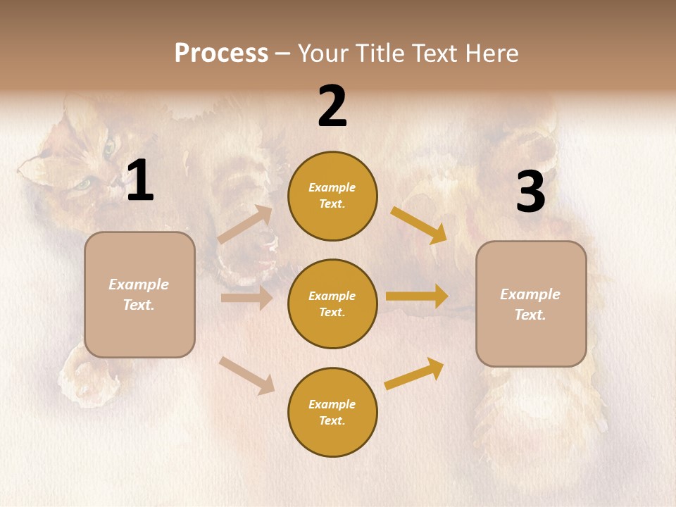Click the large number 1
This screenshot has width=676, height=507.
(140, 181)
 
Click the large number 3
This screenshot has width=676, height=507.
(530, 192)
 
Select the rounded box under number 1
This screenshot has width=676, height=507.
(139, 294)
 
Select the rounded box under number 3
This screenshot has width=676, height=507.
(531, 303)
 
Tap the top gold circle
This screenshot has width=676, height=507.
(332, 196)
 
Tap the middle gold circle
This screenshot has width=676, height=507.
(332, 303)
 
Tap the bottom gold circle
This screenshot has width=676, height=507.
(332, 412)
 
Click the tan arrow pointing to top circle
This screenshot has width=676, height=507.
(246, 225)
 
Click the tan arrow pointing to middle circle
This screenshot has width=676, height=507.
(246, 298)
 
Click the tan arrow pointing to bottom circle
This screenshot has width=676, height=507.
(247, 375)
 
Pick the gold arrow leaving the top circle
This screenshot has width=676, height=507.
(419, 225)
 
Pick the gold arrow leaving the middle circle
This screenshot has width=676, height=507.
(417, 296)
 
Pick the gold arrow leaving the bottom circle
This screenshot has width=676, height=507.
(415, 374)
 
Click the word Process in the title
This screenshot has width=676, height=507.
(221, 53)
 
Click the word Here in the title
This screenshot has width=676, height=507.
(491, 53)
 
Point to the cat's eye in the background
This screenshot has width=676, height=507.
(83, 184)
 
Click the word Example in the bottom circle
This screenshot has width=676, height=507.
(332, 404)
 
